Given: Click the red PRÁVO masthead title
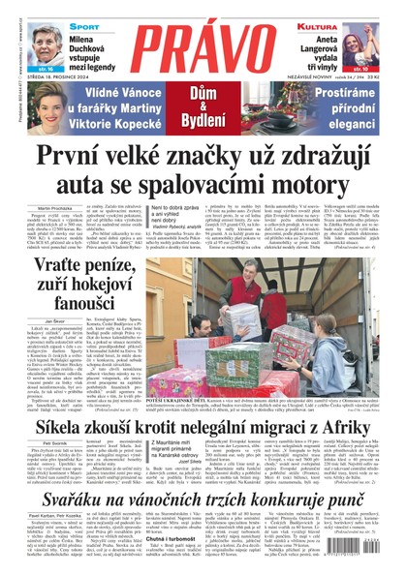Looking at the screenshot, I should [x=203, y=60].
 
